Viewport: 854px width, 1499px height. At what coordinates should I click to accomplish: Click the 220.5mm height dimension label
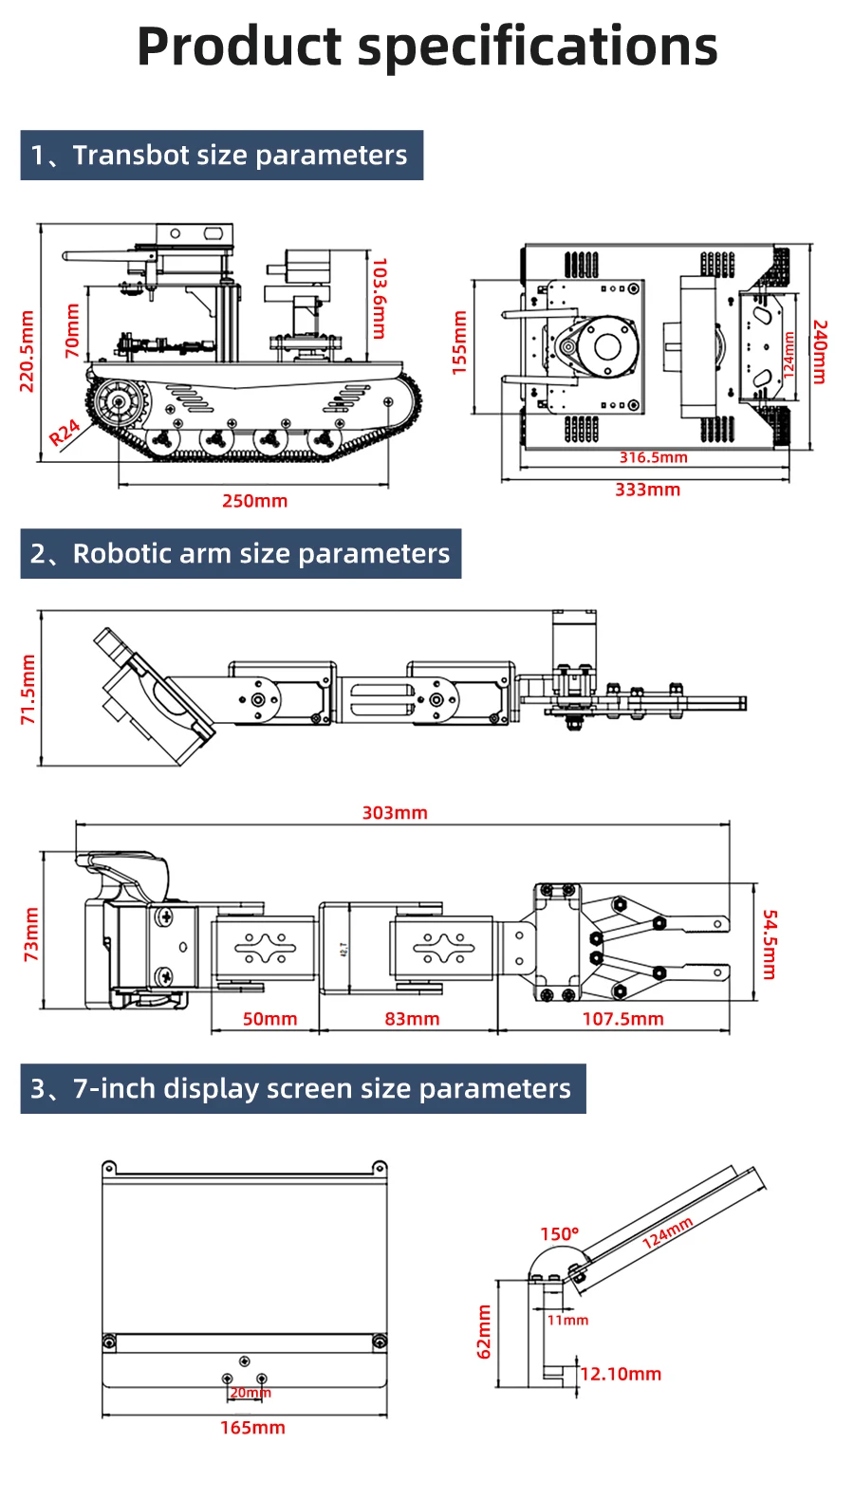click(x=27, y=351)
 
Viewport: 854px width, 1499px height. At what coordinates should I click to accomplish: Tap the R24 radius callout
click(x=65, y=433)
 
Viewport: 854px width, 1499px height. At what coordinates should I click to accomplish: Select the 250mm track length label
click(x=254, y=501)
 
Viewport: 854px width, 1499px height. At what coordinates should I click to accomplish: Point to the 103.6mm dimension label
click(x=380, y=298)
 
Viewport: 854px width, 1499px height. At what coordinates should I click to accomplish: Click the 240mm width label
click(x=821, y=351)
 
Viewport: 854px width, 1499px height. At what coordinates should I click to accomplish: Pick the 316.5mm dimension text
click(x=653, y=457)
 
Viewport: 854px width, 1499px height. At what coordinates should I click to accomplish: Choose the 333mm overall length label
click(x=647, y=490)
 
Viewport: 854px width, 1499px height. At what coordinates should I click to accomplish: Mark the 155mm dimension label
click(x=459, y=342)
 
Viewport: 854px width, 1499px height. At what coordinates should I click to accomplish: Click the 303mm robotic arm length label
click(x=395, y=813)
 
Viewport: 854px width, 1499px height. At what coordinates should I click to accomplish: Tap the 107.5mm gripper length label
click(x=622, y=1019)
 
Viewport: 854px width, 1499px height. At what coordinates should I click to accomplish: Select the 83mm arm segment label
click(x=412, y=1019)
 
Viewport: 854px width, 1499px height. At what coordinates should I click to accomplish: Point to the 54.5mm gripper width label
click(x=770, y=944)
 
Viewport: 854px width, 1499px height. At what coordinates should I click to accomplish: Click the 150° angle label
click(x=559, y=1234)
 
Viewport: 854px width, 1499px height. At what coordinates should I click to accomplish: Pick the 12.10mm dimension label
click(x=621, y=1374)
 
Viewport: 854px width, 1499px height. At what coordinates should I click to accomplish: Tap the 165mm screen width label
click(x=252, y=1428)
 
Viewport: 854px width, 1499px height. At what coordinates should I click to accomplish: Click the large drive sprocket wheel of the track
click(x=119, y=403)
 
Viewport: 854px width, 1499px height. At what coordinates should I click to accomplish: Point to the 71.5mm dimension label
click(x=28, y=689)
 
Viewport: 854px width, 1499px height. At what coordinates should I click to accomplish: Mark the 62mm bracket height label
click(x=484, y=1332)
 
